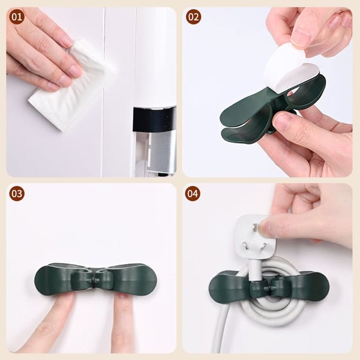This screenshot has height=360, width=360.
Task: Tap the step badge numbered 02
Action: click(193, 17)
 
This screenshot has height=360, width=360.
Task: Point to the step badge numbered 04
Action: click(193, 193)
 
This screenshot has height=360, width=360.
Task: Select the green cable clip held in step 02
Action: click(252, 114)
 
